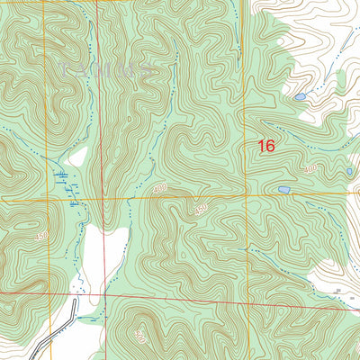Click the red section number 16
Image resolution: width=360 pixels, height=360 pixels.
tap(266, 146)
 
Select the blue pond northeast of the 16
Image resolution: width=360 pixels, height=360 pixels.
tap(300, 95)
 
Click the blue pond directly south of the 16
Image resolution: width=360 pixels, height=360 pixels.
tap(283, 191)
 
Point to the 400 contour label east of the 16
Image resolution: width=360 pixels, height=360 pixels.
tap(311, 168)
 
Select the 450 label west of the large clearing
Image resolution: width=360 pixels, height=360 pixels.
tap(42, 235)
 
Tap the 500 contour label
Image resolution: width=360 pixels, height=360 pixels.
tap(139, 337)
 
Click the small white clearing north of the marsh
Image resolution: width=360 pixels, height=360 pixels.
tap(79, 157)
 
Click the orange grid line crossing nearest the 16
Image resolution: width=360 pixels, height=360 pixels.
tap(245, 194)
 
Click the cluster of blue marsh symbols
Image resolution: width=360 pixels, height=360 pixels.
tap(65, 180)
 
